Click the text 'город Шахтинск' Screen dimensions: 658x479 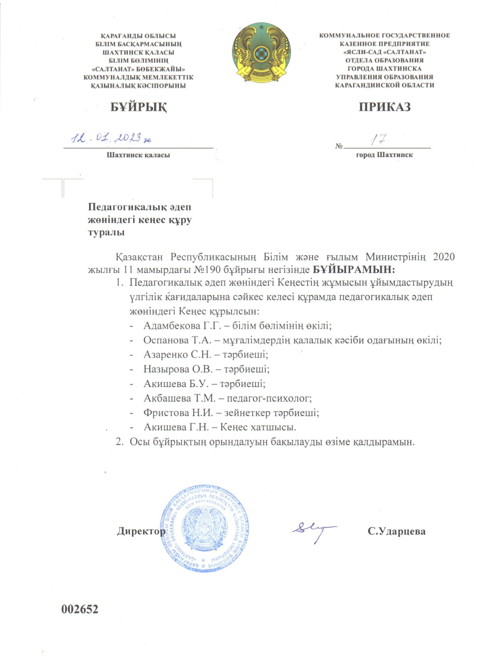click(x=384, y=155)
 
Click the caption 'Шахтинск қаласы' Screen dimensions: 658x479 click(x=138, y=155)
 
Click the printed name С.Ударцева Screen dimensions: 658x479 click(x=396, y=531)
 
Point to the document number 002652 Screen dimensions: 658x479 click(x=80, y=609)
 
